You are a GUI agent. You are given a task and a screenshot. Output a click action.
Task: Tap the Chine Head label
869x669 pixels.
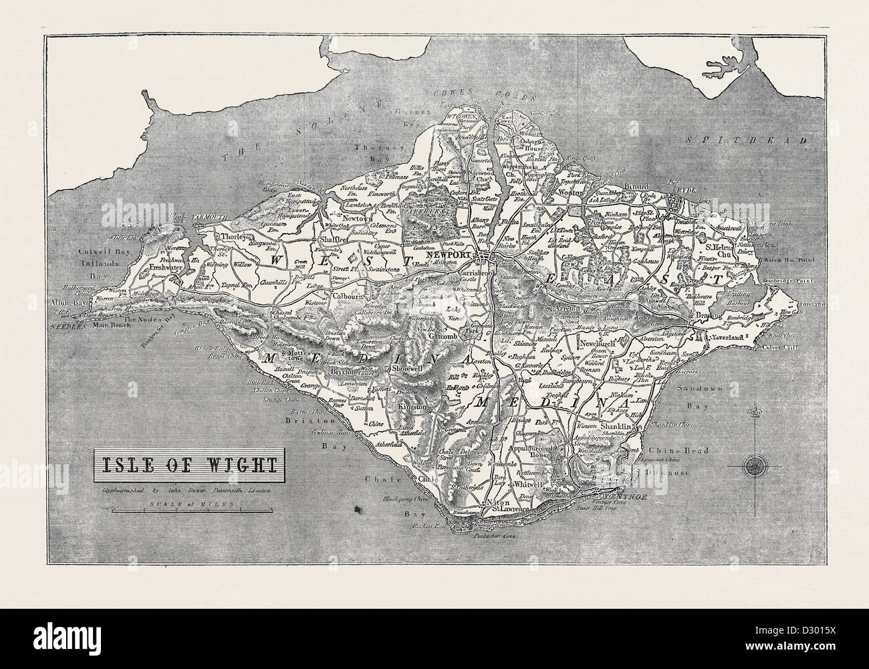pos(682,451)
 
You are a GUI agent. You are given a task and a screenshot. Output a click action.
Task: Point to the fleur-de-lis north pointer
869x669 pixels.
pos(757,412)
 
